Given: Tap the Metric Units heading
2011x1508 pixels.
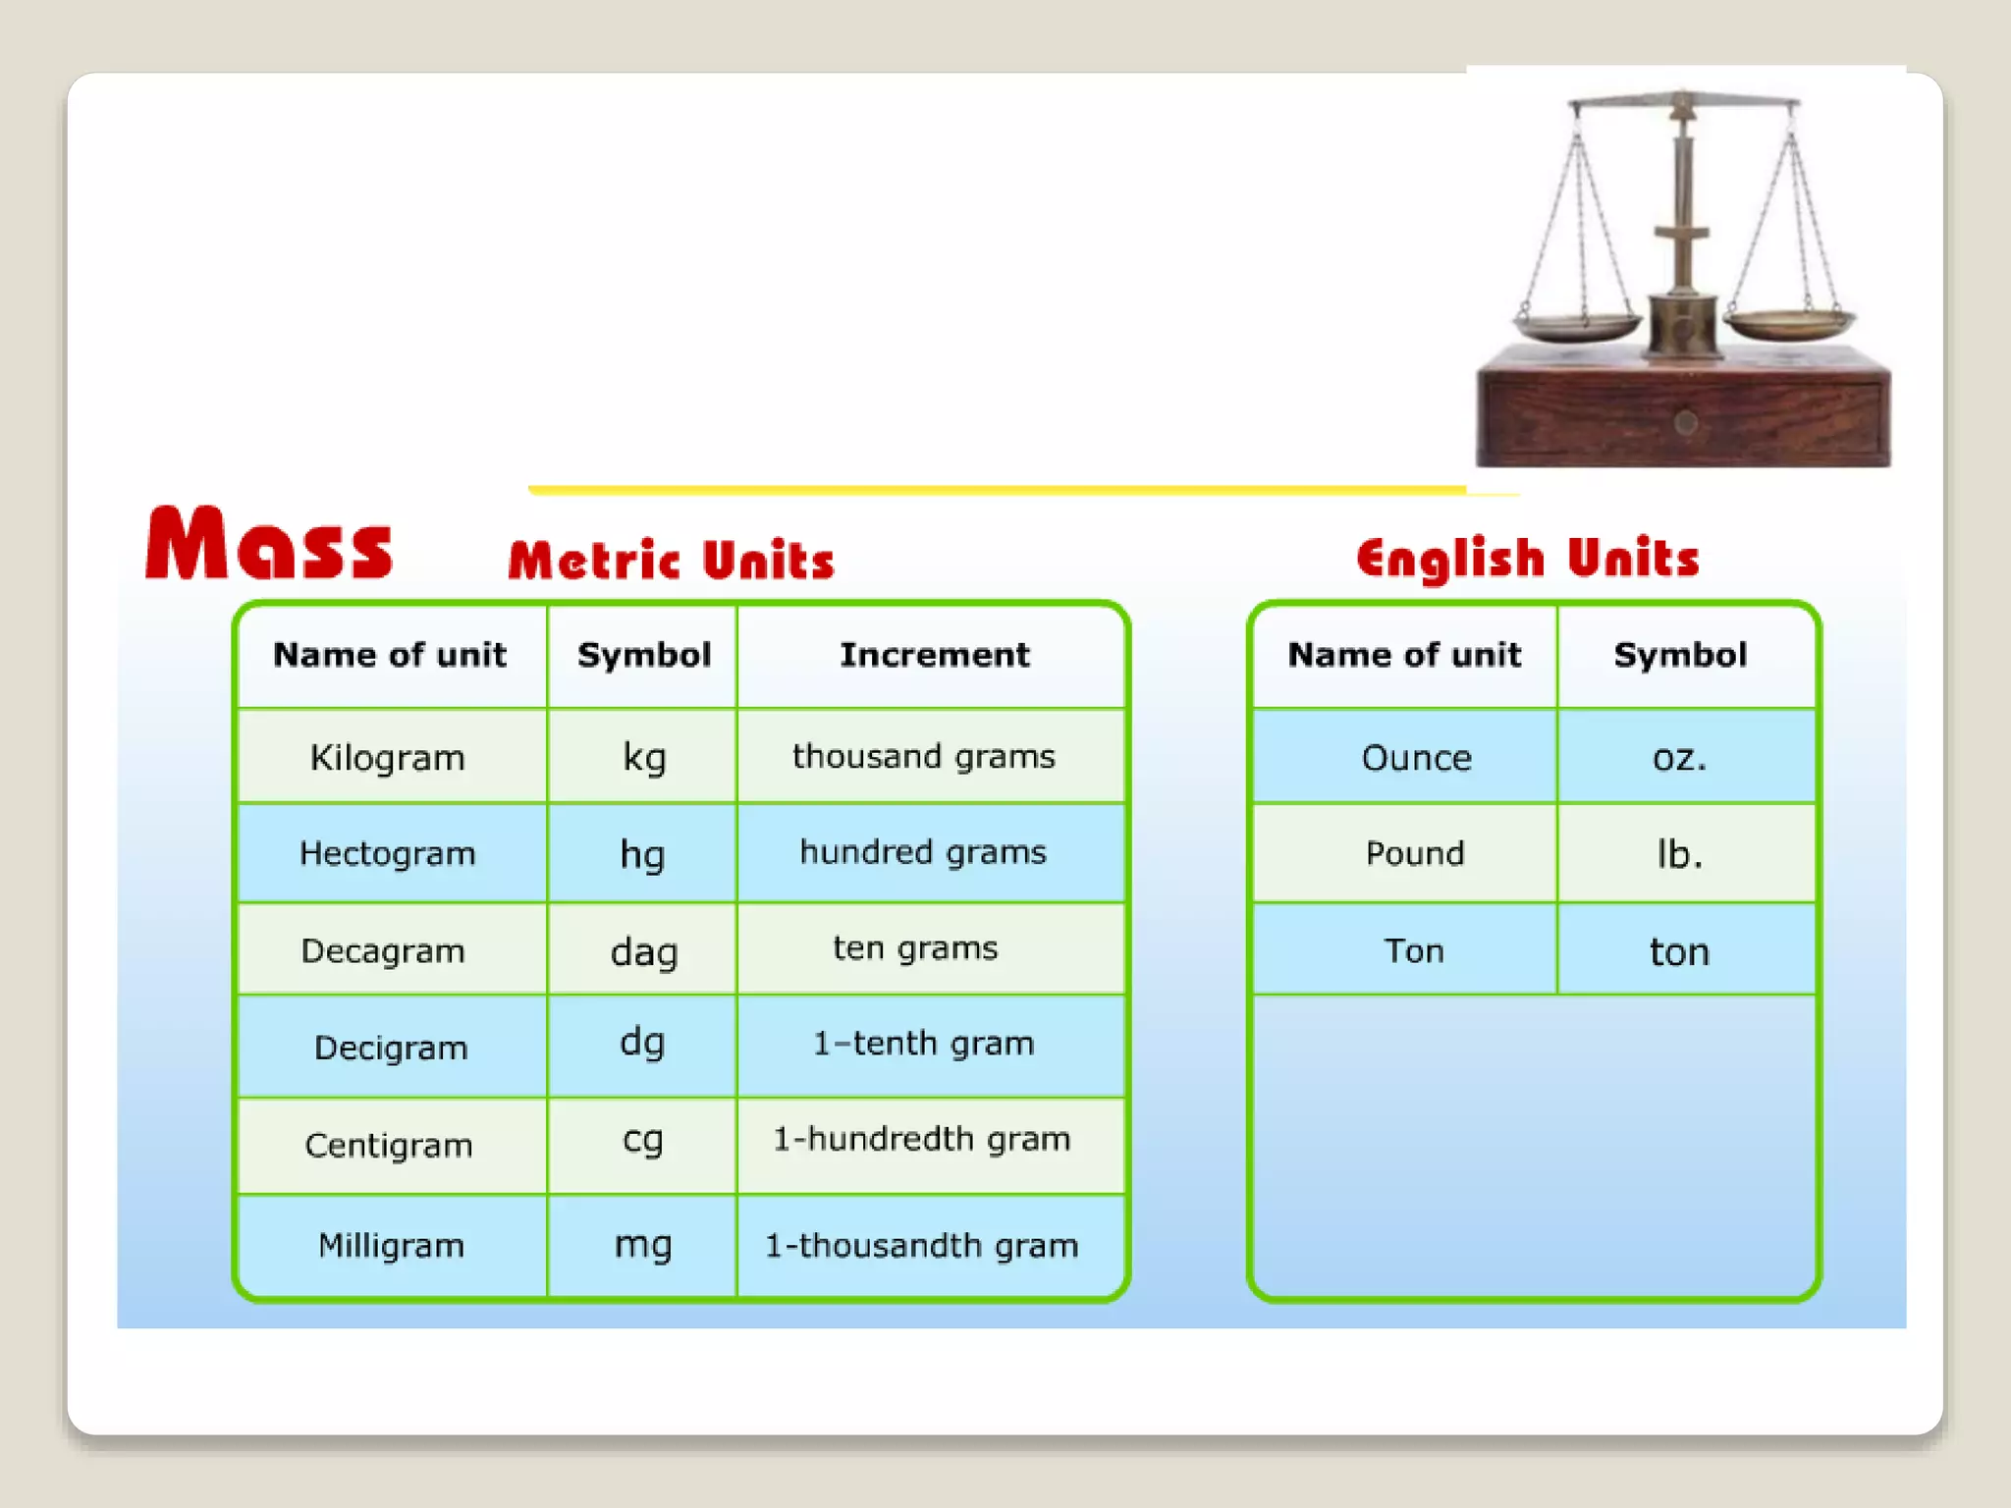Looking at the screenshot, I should point(671,560).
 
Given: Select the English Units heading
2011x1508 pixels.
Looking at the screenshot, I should point(1527,558).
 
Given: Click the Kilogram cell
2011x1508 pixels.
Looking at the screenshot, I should point(388,758).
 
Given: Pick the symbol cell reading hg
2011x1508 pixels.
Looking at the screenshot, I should point(642,854).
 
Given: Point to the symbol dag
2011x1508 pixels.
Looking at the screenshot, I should point(643,951).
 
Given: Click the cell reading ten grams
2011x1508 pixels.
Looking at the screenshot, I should point(915,948).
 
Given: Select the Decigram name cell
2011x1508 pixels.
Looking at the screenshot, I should point(391,1048).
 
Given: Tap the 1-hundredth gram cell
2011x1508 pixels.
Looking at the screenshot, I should point(921,1139).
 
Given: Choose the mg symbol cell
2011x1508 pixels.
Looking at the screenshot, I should point(643,1244).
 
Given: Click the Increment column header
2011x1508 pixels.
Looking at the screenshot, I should point(934,655).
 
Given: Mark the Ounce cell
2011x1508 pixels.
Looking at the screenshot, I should point(1416,758).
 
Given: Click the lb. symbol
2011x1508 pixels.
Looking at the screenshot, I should point(1679,854).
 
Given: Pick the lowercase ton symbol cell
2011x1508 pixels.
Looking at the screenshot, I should point(1679,951).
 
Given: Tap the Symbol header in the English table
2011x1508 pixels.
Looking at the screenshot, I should point(1680,655).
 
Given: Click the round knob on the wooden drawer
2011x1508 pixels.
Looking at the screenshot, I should point(1686,423).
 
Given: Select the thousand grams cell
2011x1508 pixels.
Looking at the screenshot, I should point(923,756).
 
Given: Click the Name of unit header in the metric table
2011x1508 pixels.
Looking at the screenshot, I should point(390,655).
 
